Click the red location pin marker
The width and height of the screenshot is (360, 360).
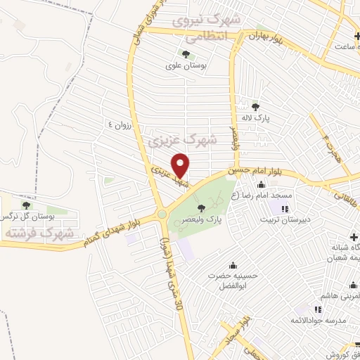(181, 165)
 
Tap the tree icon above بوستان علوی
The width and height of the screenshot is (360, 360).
(186, 53)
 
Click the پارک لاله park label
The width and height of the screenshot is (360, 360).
(271, 120)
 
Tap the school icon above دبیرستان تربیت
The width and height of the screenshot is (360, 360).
(285, 208)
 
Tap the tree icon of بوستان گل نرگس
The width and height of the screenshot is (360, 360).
(26, 205)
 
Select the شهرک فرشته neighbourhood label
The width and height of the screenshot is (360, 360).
(30, 231)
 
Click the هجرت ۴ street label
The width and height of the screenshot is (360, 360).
(326, 144)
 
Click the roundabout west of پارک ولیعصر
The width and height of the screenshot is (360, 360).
(162, 214)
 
